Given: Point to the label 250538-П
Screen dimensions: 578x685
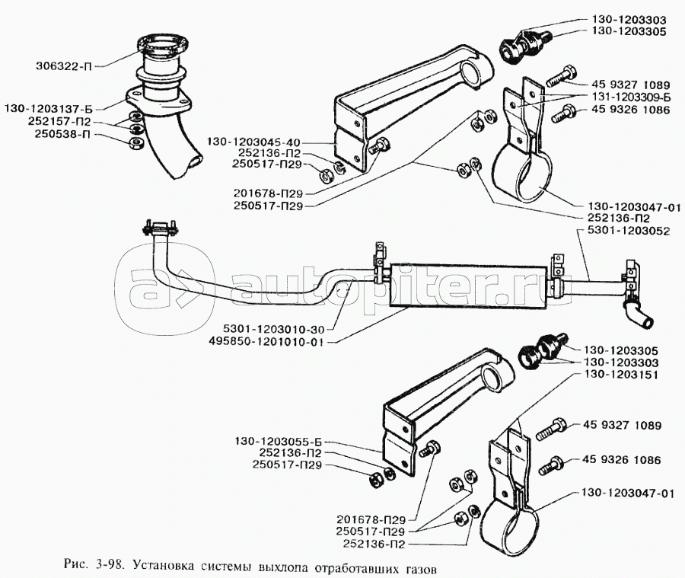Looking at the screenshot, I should coord(70,134).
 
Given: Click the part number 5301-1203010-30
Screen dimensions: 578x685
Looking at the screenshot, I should coord(273,329).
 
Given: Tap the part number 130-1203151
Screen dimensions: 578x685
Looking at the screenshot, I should coord(626,375).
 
